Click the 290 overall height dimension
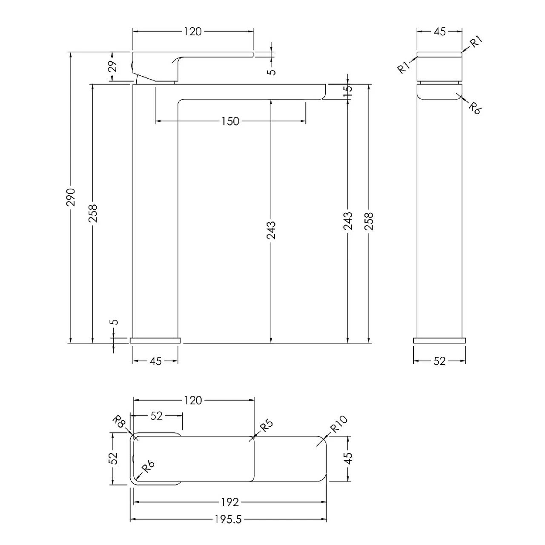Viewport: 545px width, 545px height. pyautogui.click(x=71, y=197)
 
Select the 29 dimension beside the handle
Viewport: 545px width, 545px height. pyautogui.click(x=112, y=66)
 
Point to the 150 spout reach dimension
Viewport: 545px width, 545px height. pyautogui.click(x=230, y=121)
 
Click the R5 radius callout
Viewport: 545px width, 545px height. pyautogui.click(x=267, y=426)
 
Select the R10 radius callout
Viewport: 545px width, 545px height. pyautogui.click(x=339, y=424)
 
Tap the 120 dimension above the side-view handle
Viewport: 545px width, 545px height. pyautogui.click(x=192, y=32)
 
